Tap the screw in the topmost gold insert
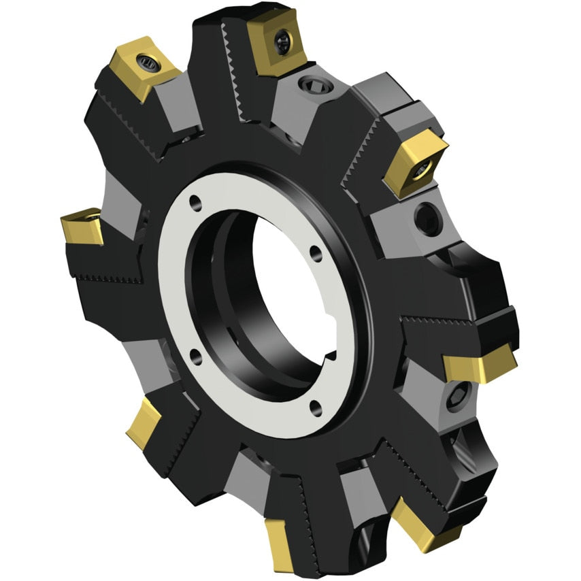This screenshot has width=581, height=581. (282, 43)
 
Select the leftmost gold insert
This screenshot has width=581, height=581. (82, 227)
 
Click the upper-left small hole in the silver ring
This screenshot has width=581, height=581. (195, 202)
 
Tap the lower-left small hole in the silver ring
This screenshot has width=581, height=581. (195, 352)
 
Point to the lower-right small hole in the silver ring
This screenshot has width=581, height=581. (314, 406)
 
